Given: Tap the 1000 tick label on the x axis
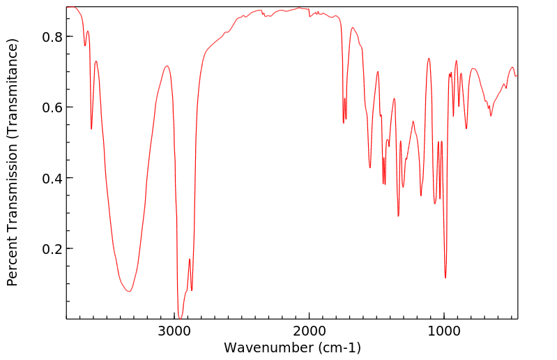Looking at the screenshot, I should (x=444, y=331).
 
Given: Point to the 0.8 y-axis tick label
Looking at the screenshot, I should (x=52, y=36).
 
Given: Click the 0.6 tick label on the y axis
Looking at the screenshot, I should (x=52, y=107).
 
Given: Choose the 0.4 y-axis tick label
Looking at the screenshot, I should (x=52, y=178).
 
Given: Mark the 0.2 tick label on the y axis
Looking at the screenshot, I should (x=52, y=249).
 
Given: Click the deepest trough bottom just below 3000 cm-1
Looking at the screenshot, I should (x=180, y=318).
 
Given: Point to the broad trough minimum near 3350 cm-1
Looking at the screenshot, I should (x=128, y=292).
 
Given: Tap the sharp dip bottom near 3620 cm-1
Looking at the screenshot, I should (x=91, y=129).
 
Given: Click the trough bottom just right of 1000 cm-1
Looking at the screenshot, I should (x=445, y=278).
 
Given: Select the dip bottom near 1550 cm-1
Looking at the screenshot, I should (x=370, y=167).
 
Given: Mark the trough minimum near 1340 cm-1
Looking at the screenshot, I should (x=398, y=216).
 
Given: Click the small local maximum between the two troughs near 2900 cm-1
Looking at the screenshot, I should (x=190, y=259).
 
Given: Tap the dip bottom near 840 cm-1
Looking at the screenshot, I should (x=466, y=128).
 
